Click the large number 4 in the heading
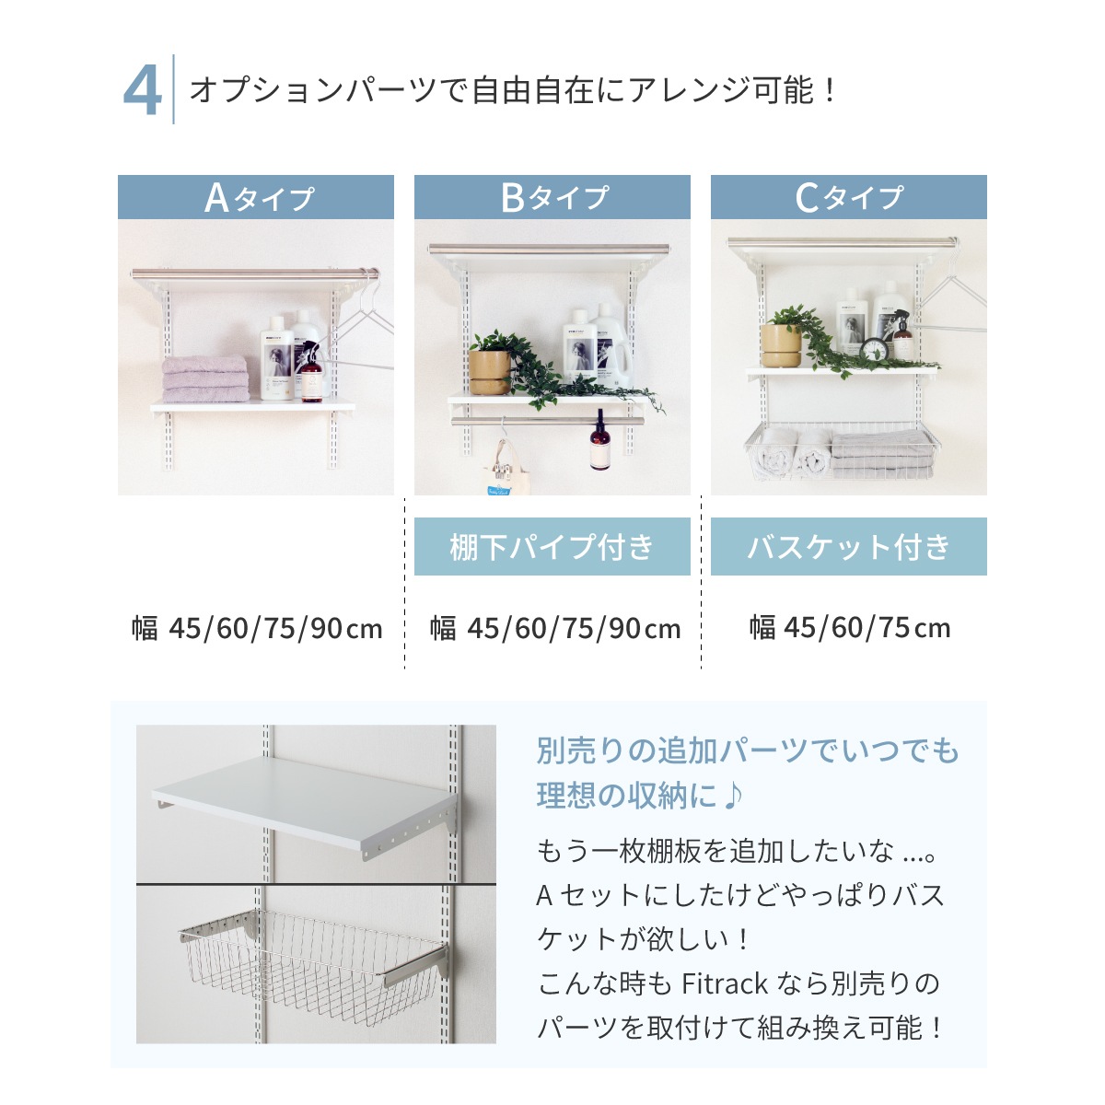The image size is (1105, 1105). point(142,90)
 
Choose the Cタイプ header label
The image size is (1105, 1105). point(849,197)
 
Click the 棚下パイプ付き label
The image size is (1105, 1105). point(552,546)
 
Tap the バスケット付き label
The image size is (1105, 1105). point(849,546)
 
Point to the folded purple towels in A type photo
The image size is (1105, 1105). point(205,378)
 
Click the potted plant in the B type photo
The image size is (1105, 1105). point(490,364)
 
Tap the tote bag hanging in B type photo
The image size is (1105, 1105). point(503,469)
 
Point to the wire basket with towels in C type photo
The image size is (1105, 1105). point(843,451)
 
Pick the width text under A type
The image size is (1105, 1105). point(257,628)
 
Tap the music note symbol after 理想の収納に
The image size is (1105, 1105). point(733,796)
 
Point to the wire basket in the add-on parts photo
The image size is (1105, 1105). point(312,963)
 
